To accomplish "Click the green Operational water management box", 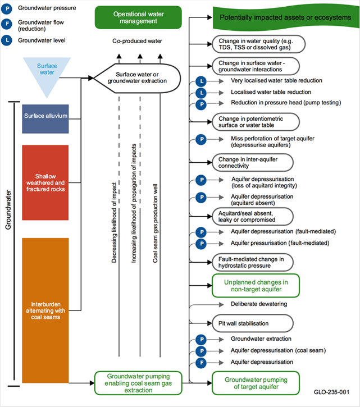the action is coord(138,17).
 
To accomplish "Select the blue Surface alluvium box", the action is coord(45,119).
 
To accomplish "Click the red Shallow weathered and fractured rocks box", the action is coord(45,182).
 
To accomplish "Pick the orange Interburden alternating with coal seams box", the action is coord(45,310).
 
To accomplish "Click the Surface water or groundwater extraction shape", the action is coord(137,78).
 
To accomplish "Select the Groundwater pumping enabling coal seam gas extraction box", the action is coord(138,383).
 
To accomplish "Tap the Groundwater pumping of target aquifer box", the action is coord(256,383).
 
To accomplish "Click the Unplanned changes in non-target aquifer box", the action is coord(256,286).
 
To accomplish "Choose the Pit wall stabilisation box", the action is coord(253,323).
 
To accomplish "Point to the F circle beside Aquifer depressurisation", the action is coord(201,363).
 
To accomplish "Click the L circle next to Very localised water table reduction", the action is coord(201,81).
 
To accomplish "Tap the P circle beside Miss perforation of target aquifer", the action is coord(201,139).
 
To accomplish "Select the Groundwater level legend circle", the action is coord(7,40).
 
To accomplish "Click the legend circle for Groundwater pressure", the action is coord(7,9).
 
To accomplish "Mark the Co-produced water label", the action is coord(137,41).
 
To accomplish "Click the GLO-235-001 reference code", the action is coord(331,392).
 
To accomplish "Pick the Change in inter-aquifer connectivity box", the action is coord(253,162).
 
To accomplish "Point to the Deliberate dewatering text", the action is coord(259,304).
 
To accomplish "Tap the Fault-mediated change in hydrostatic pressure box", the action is coord(253,262).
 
